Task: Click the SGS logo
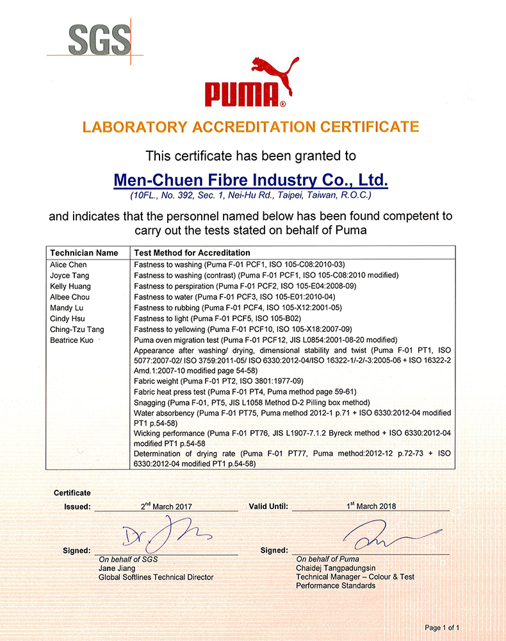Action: point(99,40)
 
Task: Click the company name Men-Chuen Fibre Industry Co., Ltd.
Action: point(250,178)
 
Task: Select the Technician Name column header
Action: point(84,253)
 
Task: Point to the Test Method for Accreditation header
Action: point(192,253)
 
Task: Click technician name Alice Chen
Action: point(69,265)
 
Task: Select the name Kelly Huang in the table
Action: point(70,286)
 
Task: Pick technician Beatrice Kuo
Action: point(73,340)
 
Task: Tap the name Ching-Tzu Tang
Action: point(78,329)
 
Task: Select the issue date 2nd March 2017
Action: point(166,506)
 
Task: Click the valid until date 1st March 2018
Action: point(371,506)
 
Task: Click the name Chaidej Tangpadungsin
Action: point(336,568)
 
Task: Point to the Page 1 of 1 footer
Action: point(442,628)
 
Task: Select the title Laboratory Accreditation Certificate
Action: point(251,126)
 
